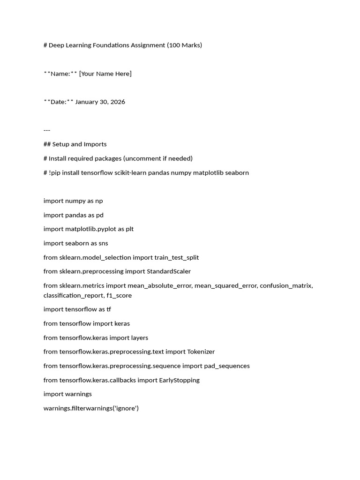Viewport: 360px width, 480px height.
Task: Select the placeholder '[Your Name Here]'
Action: tap(105, 74)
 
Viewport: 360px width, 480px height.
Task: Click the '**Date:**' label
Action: tap(58, 102)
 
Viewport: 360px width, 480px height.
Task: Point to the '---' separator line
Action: tap(47, 130)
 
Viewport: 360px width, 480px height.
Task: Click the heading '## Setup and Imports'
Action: tap(75, 144)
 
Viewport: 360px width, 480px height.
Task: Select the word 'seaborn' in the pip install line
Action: tap(237, 172)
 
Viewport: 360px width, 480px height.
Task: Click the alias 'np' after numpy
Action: tap(99, 201)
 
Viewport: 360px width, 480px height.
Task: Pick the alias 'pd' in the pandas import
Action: tap(99, 215)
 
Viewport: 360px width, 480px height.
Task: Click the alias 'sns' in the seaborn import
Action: tap(103, 243)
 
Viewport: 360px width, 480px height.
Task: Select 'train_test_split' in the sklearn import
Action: tap(177, 257)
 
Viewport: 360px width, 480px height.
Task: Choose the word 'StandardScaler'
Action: tap(169, 271)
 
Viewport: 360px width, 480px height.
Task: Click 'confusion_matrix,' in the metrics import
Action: tap(286, 285)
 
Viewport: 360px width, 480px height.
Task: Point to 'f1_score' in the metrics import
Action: tap(119, 295)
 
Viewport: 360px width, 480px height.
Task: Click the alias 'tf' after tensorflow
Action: tap(108, 309)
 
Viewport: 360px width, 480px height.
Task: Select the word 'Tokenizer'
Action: tap(201, 352)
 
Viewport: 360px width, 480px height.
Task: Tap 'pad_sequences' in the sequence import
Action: tap(227, 366)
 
